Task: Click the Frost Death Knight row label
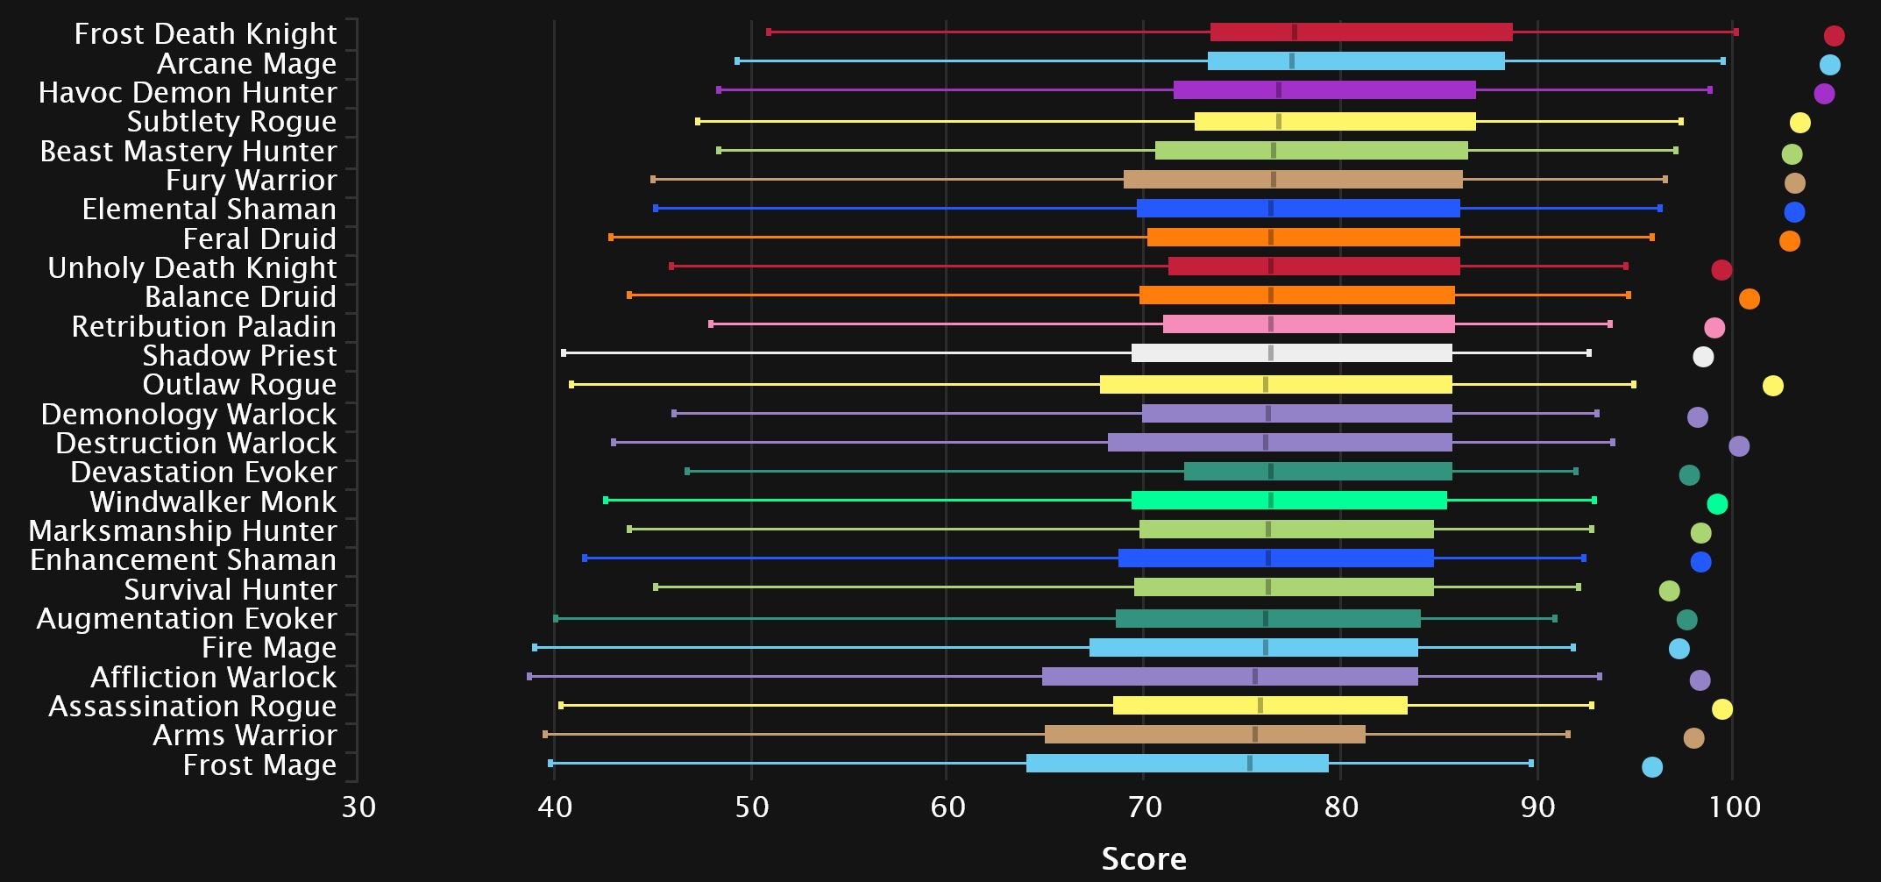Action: (205, 33)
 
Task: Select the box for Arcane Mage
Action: (1355, 61)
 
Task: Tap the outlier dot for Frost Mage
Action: (1651, 767)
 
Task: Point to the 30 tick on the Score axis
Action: (358, 807)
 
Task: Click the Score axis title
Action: (1144, 859)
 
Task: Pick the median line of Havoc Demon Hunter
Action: (1279, 90)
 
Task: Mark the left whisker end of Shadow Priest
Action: (564, 353)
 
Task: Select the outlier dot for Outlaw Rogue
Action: (1772, 386)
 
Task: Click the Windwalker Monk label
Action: (213, 501)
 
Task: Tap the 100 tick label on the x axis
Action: (1734, 807)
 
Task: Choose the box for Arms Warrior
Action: (1204, 735)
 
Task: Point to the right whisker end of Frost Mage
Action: (1531, 764)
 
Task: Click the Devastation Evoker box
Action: (1317, 472)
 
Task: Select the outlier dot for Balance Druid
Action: (1749, 299)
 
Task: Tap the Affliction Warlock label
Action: (213, 677)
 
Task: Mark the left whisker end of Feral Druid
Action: (611, 238)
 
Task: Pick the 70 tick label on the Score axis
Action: (1144, 807)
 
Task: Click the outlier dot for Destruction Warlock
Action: (1739, 446)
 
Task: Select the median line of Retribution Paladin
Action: (1271, 324)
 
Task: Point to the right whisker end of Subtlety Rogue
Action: (1680, 121)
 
